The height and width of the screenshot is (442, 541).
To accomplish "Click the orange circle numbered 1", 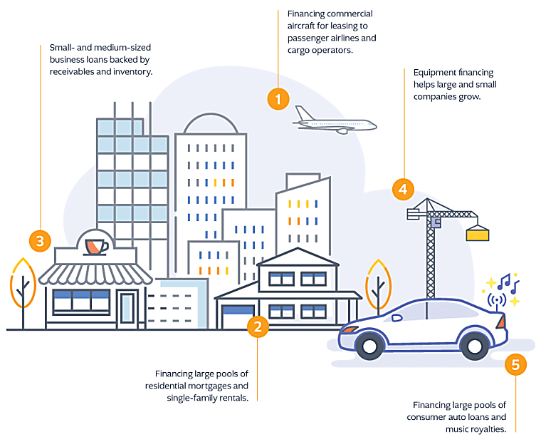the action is pos(278,99).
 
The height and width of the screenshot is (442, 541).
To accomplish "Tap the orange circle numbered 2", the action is pos(258,327).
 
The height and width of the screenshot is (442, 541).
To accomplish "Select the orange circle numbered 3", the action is pos(40,241).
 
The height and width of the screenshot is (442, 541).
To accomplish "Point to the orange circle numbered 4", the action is pos(403,190).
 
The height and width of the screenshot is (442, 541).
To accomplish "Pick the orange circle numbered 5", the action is pos(515,364).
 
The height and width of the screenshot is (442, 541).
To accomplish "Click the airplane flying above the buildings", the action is pos(335,121).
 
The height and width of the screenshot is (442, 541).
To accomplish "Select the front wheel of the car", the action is pos(369,346).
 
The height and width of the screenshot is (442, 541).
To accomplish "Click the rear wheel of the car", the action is pos(474,345).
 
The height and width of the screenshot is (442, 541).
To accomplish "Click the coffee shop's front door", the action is pos(127,308).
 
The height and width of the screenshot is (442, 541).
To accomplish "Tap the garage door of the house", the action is pos(237,317).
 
